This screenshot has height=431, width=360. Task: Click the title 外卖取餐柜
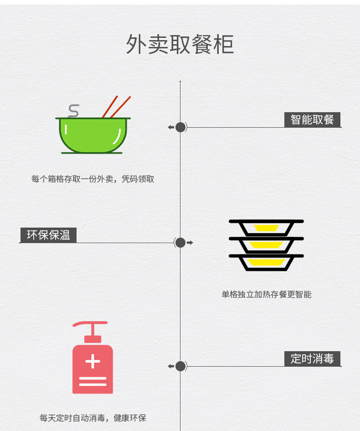[x=180, y=45]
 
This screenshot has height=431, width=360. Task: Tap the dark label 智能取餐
[x=312, y=119]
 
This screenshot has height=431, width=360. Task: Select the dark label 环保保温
[x=48, y=235]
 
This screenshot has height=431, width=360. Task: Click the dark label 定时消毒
[x=312, y=358]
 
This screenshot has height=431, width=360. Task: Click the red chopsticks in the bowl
[x=117, y=107]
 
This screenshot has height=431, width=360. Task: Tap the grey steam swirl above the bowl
[x=73, y=111]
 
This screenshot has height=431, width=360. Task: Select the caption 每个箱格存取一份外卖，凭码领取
[x=93, y=179]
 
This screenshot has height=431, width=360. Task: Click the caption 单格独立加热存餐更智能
[x=266, y=295]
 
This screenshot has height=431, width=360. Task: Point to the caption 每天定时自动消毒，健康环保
[x=93, y=418]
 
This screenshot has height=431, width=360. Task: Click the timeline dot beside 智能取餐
[x=180, y=127]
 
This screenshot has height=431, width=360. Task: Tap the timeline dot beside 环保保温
[x=180, y=243]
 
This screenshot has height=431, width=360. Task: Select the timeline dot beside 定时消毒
[x=180, y=366]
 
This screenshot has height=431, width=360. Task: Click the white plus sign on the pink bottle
[x=93, y=362]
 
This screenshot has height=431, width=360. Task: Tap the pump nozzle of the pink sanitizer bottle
[x=90, y=324]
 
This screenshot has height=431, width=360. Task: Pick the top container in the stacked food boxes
[x=266, y=227]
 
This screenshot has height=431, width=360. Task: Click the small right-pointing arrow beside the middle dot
[x=190, y=243]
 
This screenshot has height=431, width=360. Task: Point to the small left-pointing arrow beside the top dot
[x=171, y=127]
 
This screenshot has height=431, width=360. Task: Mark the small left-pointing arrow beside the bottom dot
[x=171, y=366]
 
